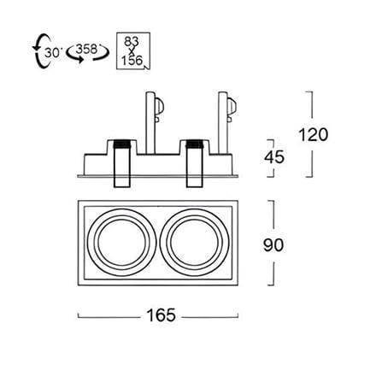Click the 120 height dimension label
(314, 135)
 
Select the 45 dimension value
(274, 157)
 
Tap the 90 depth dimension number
(273, 245)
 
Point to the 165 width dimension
(161, 315)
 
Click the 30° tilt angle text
(53, 53)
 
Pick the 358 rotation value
(87, 49)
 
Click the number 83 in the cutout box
(132, 42)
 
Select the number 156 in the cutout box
(132, 61)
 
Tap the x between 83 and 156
(132, 51)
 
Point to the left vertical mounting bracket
(150, 123)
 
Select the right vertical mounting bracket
(223, 123)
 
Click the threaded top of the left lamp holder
(122, 144)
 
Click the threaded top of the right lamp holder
(195, 144)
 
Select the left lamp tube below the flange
(122, 182)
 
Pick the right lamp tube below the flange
(195, 182)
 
